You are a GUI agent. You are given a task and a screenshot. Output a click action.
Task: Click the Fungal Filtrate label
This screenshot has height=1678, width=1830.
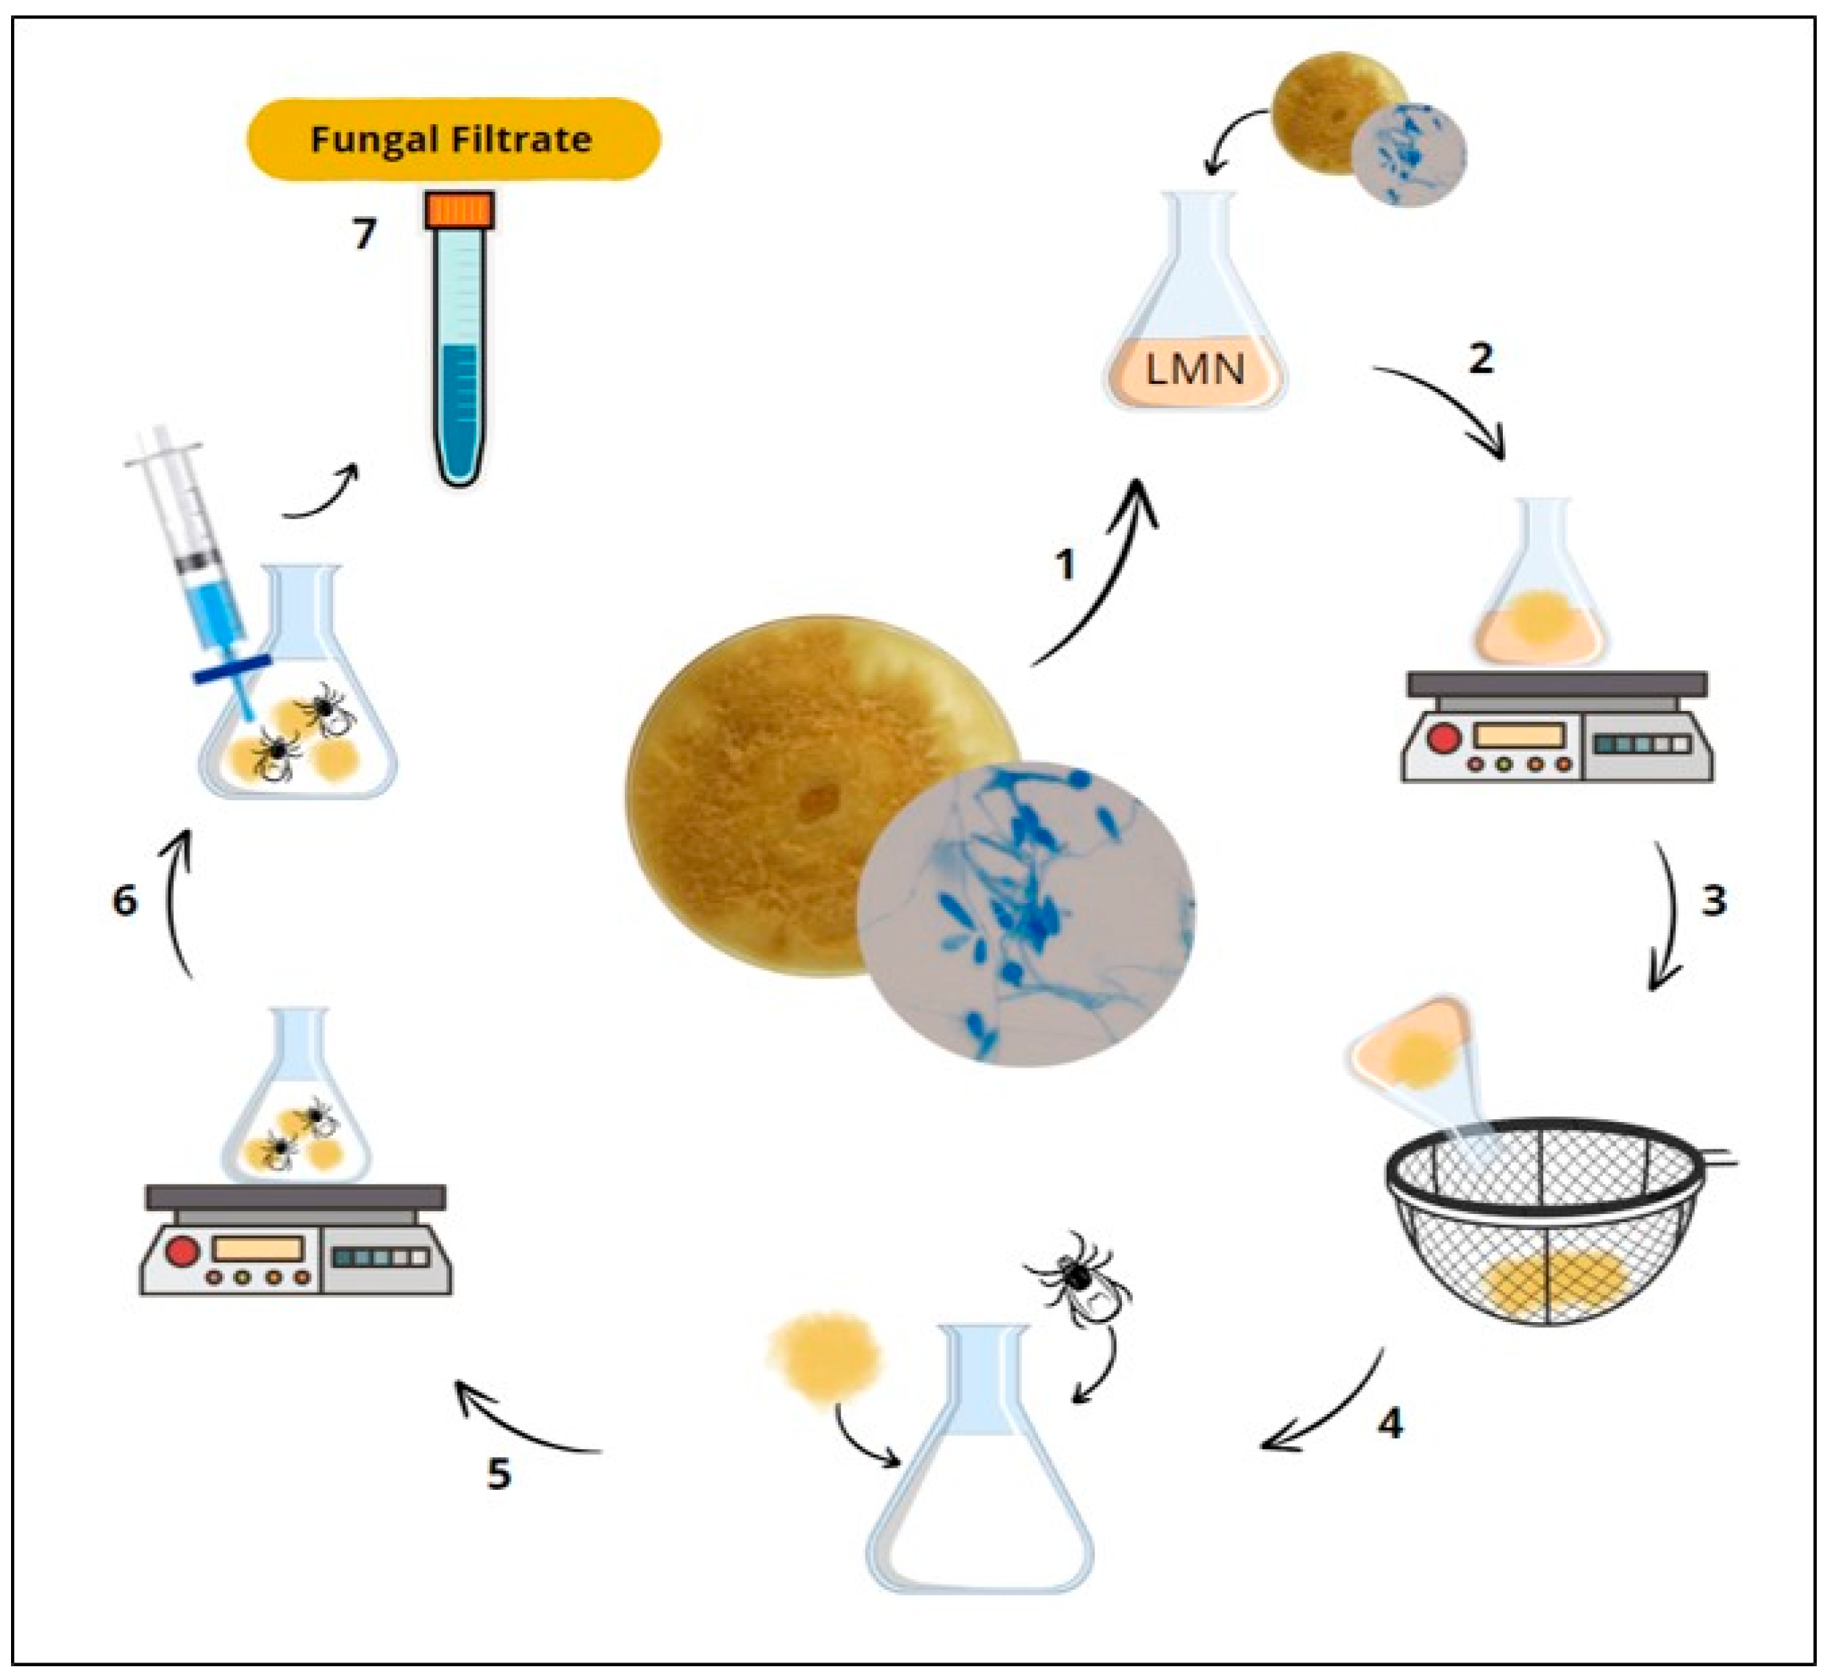coord(452,140)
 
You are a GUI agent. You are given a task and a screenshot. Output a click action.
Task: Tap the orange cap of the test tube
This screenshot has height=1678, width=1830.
coord(460,210)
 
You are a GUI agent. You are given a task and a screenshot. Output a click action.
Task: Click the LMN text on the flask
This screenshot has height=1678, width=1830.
coord(1195,371)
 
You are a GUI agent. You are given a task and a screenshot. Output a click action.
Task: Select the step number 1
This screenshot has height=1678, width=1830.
coord(1065,565)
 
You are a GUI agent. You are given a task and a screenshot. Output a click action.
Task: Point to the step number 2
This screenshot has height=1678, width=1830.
coord(1481,359)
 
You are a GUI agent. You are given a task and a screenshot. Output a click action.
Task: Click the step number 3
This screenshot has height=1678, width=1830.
coord(1713,901)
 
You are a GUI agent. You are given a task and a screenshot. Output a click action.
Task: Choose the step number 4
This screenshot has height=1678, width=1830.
coord(1390,1423)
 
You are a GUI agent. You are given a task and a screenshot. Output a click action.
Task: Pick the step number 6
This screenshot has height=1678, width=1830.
coord(124,901)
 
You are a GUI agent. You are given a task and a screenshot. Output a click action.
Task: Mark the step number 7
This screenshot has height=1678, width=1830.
coord(364,235)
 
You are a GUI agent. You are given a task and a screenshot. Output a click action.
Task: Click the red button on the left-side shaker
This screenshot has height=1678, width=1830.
coord(182,1252)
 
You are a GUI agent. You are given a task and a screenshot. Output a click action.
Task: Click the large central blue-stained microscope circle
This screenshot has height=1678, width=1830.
coord(1026,913)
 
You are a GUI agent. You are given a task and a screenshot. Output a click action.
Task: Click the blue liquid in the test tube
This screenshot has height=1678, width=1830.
coord(460,409)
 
